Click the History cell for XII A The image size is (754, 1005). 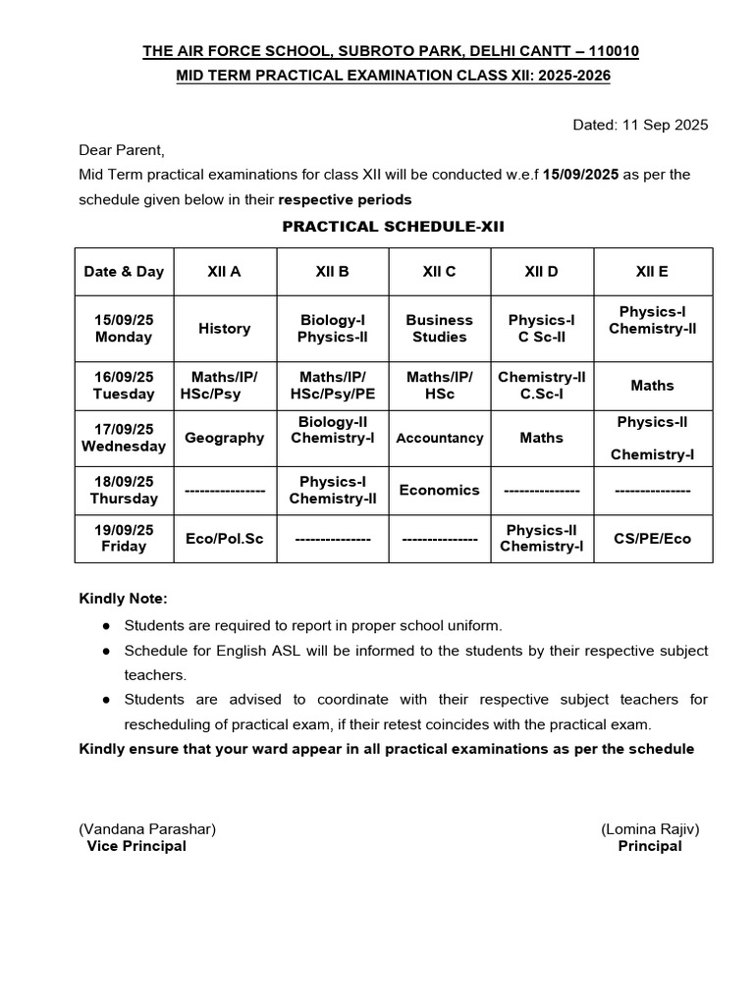(224, 329)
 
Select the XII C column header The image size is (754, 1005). (439, 272)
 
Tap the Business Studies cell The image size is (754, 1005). (439, 329)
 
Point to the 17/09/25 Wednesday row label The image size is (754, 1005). (124, 438)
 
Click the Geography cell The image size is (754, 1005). (224, 438)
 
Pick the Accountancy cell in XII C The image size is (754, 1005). (439, 439)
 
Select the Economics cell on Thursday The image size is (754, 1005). (439, 490)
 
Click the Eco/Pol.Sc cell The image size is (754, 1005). (224, 539)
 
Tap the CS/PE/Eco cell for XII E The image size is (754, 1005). (652, 539)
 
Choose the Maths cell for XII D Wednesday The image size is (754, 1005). (541, 438)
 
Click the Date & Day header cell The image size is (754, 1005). (124, 272)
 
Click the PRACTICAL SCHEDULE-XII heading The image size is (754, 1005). (393, 226)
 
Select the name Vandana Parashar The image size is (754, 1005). (147, 828)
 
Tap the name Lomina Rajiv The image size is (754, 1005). (650, 828)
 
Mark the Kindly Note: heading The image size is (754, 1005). (123, 599)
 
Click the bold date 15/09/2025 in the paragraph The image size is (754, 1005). (579, 175)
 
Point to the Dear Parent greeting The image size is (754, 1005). (122, 150)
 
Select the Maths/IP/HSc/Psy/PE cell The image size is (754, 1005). (333, 386)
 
